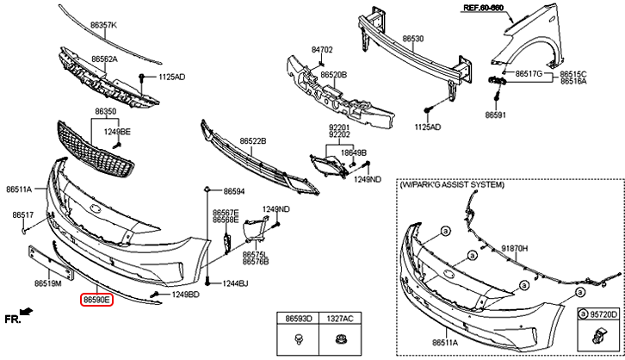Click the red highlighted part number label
pyautogui.click(x=96, y=300)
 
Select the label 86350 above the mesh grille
pyautogui.click(x=105, y=112)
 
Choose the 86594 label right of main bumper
pyautogui.click(x=234, y=190)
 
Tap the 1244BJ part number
pyautogui.click(x=234, y=282)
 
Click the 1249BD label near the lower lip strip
pyautogui.click(x=186, y=295)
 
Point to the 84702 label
pyautogui.click(x=321, y=51)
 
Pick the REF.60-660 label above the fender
pyautogui.click(x=506, y=7)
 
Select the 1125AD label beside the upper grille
pyautogui.click(x=171, y=77)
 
